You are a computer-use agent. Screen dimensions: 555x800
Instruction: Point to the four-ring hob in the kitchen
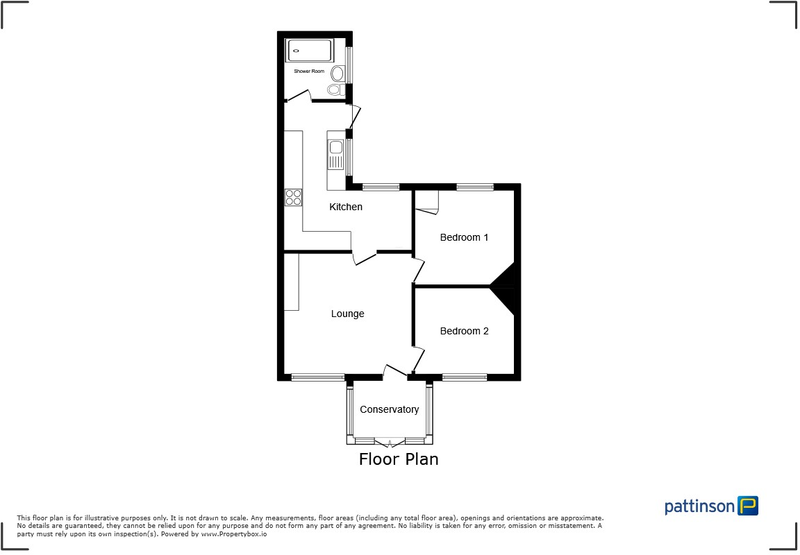[x=293, y=197]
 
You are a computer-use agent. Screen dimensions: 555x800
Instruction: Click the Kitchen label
[x=346, y=207]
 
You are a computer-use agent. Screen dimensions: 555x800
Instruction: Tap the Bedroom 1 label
[x=464, y=237]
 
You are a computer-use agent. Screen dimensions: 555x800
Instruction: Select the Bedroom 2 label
[x=464, y=331]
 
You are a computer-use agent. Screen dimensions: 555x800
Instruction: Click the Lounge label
[x=347, y=314]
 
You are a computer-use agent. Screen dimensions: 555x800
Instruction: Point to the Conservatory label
[x=389, y=409]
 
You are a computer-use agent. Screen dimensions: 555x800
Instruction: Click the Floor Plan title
[x=399, y=459]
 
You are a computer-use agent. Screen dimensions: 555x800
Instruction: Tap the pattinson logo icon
[x=748, y=506]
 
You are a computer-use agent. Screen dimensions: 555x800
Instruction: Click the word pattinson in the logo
[x=699, y=506]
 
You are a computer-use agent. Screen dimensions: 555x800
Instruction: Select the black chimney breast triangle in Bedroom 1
[x=505, y=276]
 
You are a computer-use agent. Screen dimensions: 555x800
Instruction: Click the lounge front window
[x=317, y=377]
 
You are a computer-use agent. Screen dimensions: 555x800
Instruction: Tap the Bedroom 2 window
[x=465, y=377]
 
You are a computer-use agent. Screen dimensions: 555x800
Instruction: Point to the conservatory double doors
[x=389, y=441]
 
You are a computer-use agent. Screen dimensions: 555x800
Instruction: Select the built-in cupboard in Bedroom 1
[x=426, y=201]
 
